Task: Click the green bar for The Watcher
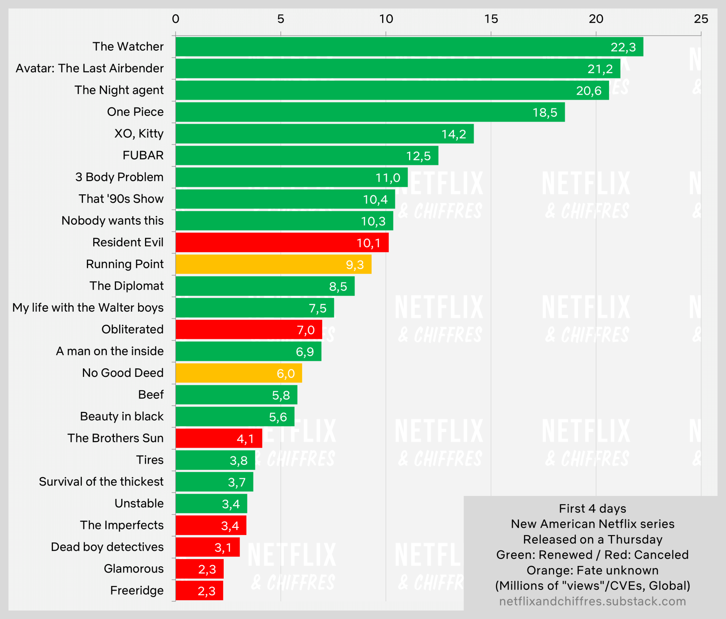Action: [390, 47]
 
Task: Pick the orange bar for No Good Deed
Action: [227, 373]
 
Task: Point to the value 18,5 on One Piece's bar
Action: [545, 113]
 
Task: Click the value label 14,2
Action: [453, 134]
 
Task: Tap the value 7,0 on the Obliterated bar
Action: [306, 330]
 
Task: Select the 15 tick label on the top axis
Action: [491, 19]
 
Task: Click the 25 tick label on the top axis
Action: [701, 19]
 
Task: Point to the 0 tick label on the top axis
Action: [175, 19]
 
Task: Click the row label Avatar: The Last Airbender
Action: [90, 68]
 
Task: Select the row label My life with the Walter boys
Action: [88, 307]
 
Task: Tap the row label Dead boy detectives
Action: [107, 547]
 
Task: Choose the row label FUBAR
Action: [143, 155]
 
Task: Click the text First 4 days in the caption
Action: [592, 508]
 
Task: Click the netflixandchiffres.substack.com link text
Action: [592, 601]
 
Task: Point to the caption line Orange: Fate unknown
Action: [592, 570]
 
